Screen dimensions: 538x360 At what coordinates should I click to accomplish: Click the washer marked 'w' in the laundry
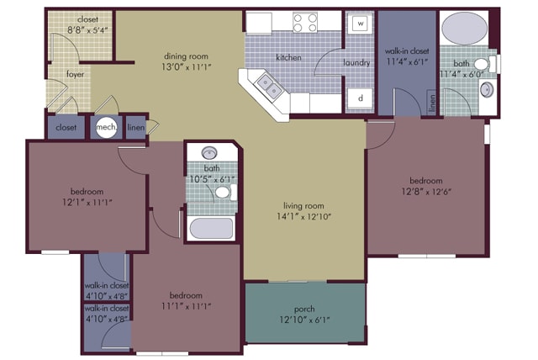(360, 24)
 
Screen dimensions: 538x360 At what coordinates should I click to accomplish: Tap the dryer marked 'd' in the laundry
(360, 98)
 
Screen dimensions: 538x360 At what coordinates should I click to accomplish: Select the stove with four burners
(305, 23)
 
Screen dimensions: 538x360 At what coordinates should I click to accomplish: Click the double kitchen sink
(270, 86)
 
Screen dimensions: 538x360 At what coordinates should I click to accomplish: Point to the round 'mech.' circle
(107, 127)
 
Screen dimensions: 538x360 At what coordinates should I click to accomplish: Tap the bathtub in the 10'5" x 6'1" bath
(211, 228)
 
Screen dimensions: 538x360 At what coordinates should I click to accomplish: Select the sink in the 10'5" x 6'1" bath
(209, 153)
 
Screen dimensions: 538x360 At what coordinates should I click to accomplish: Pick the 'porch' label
(304, 309)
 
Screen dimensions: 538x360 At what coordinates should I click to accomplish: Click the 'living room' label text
(303, 205)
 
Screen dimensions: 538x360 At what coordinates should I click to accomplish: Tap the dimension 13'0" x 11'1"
(186, 67)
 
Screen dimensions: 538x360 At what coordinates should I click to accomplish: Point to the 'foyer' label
(75, 74)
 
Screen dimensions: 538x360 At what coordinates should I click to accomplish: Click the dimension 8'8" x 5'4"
(87, 30)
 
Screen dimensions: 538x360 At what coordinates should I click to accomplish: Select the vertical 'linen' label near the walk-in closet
(432, 103)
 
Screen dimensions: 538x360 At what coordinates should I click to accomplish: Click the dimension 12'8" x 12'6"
(426, 192)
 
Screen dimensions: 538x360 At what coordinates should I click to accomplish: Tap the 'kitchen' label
(288, 57)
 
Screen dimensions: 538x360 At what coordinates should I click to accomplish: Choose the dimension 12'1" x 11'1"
(87, 203)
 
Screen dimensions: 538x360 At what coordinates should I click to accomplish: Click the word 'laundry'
(356, 63)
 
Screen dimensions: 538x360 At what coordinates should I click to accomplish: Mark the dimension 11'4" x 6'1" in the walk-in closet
(407, 61)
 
